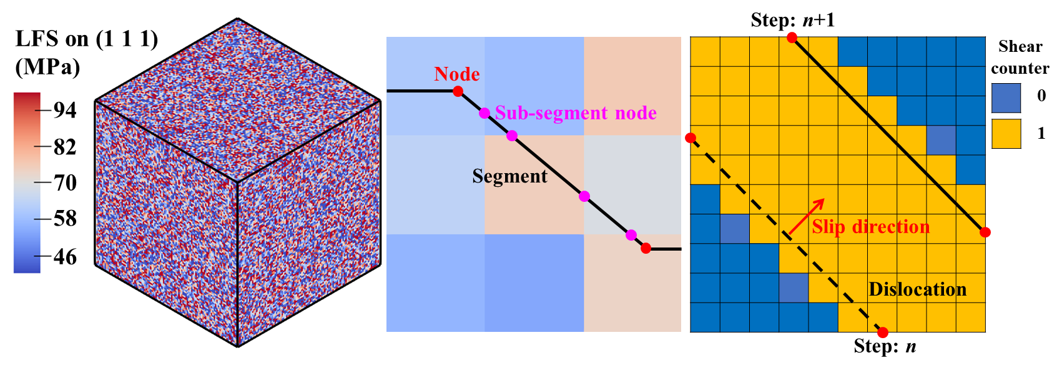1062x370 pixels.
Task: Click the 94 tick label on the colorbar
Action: point(65,110)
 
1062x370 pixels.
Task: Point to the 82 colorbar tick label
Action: point(65,147)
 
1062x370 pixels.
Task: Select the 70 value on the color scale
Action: point(65,182)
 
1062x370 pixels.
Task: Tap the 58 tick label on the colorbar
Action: point(65,219)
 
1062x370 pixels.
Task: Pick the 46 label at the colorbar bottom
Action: point(65,257)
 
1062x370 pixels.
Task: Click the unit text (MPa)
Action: point(48,68)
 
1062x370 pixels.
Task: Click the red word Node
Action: point(457,74)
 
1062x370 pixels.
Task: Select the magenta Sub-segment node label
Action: point(576,113)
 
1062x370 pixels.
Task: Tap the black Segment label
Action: point(509,176)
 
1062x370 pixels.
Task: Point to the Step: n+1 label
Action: point(793,20)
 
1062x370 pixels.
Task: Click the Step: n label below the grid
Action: point(885,346)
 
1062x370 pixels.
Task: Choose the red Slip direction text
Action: point(871,227)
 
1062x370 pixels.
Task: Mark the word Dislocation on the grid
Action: point(917,289)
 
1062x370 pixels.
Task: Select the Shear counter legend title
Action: point(1020,57)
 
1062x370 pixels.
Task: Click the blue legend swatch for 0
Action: point(1006,98)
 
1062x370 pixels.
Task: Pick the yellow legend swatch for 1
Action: point(1006,134)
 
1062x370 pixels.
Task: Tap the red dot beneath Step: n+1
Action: point(791,37)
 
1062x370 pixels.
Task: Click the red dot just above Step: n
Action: point(882,332)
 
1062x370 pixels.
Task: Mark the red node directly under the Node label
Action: point(458,91)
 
